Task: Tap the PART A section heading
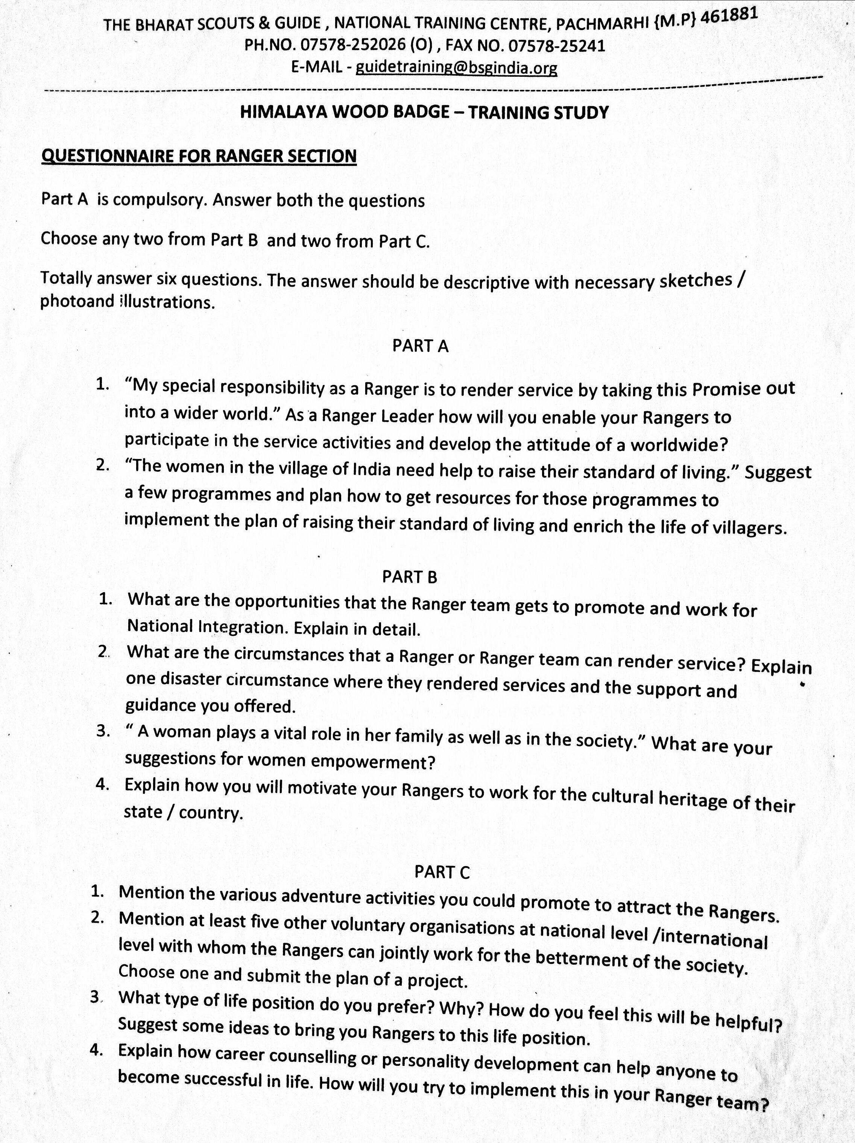(420, 346)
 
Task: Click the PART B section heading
(410, 577)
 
